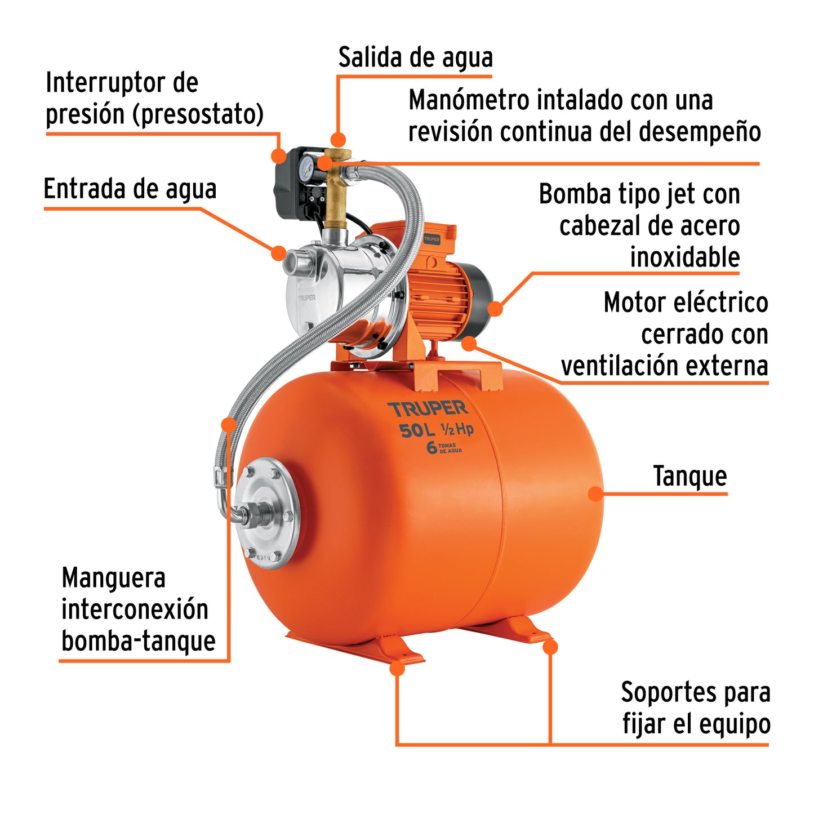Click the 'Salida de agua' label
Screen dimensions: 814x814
tap(415, 58)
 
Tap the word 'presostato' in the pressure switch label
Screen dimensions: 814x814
tap(198, 114)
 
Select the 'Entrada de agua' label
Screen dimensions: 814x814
tap(130, 189)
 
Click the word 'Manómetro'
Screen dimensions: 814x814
tap(468, 101)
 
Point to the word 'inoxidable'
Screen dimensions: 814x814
tap(684, 257)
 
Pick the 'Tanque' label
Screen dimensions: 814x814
tap(690, 477)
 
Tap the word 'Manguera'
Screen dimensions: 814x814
tap(113, 579)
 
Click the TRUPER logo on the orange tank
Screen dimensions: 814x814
tap(428, 408)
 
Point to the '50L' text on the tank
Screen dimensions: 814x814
tap(417, 431)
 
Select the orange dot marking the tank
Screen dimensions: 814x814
tap(595, 494)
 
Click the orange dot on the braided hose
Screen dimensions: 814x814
tap(228, 424)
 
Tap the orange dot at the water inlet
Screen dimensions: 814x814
tap(278, 252)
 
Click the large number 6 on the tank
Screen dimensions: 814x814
tap(432, 448)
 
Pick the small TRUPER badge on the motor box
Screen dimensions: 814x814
tap(432, 239)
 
